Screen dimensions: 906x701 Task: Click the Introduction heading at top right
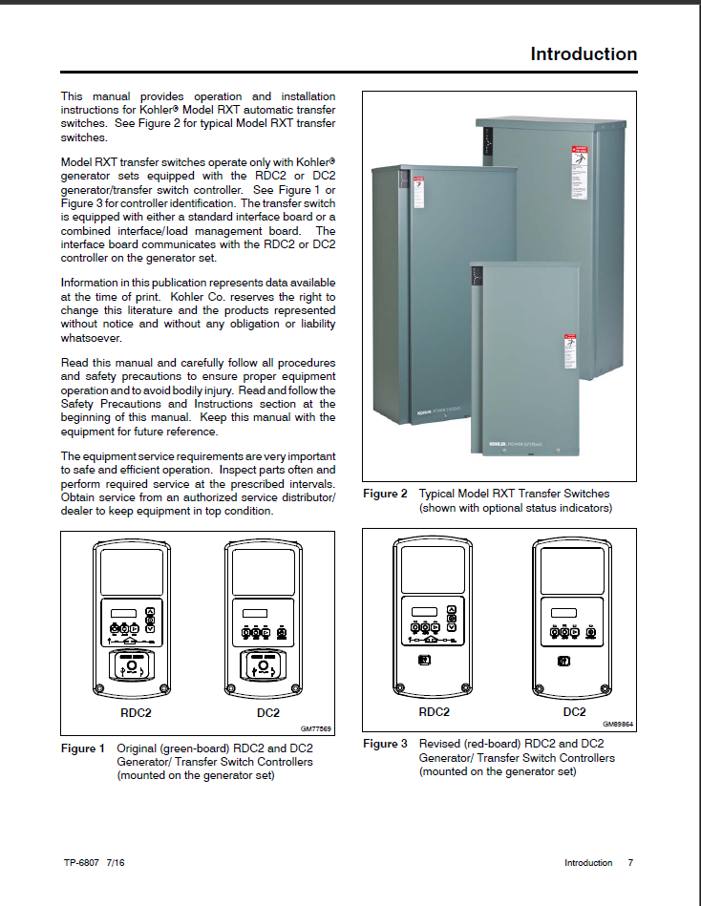584,54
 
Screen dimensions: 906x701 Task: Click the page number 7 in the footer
630,863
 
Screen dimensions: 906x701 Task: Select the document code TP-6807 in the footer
83,863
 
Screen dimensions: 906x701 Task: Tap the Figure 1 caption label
83,748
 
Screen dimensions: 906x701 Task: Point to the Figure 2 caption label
385,494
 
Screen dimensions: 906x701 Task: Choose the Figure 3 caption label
385,744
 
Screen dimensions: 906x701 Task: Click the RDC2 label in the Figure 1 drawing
135,712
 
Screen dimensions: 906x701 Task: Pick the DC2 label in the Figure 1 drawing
268,712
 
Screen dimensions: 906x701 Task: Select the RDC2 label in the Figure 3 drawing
435,711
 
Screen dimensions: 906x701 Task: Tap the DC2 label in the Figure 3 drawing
574,711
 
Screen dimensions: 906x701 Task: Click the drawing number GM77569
316,728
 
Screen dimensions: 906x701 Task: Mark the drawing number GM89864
618,724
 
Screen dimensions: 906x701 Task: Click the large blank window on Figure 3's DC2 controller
573,570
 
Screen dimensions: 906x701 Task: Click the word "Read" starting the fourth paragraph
74,364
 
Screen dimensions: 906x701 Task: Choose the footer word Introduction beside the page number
588,863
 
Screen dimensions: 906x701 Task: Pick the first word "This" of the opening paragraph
73,96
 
